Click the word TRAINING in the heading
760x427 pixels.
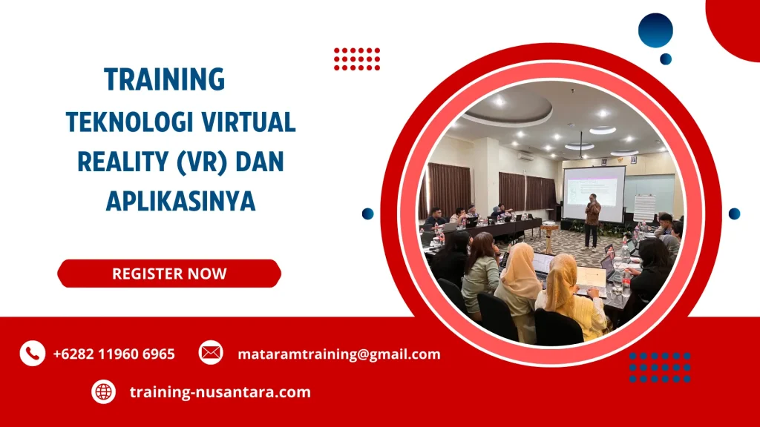[x=164, y=79]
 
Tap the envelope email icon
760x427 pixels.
[x=211, y=353]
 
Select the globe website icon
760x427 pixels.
[x=104, y=391]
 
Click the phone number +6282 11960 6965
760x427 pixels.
[x=114, y=354]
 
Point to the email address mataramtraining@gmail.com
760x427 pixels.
[x=338, y=354]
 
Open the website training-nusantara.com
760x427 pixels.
[x=220, y=392]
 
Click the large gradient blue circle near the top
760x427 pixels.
[x=655, y=30]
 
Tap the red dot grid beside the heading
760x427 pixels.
[x=357, y=59]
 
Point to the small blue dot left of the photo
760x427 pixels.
[x=367, y=213]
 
